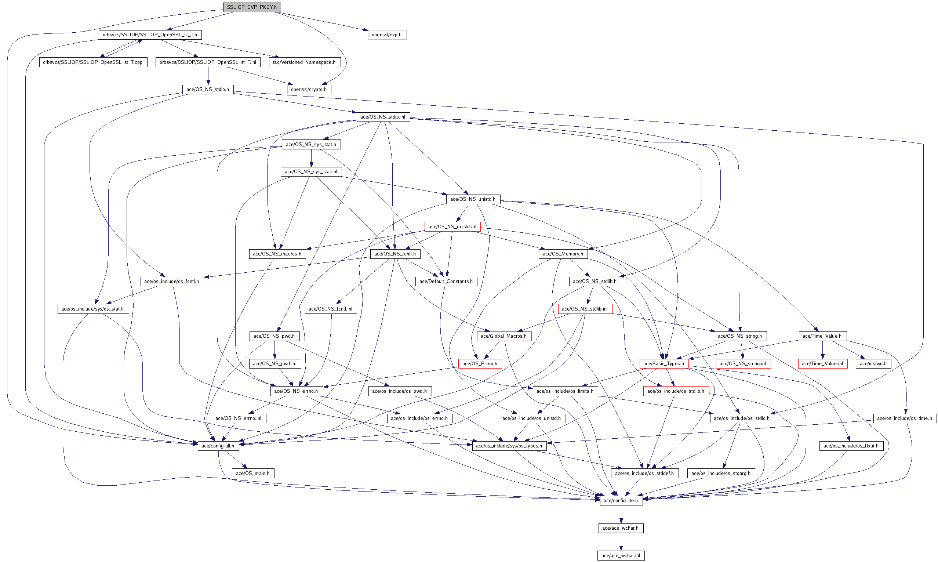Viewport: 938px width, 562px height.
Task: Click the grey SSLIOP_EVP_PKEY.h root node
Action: click(x=252, y=7)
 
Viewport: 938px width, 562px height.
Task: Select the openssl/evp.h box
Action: click(x=386, y=35)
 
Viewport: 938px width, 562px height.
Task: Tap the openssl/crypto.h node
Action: click(x=309, y=89)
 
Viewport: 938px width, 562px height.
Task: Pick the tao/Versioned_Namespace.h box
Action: click(x=304, y=62)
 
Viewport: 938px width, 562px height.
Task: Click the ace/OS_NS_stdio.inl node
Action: click(x=383, y=117)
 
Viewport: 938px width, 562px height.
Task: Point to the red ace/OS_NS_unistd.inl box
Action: click(x=452, y=226)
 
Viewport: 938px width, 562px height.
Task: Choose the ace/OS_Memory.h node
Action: click(x=563, y=254)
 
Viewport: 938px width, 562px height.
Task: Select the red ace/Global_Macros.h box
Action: click(x=503, y=336)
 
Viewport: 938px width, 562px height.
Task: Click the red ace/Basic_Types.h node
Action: click(x=663, y=363)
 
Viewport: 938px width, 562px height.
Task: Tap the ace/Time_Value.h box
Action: click(x=822, y=336)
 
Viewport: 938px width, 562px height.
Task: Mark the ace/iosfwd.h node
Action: click(x=873, y=363)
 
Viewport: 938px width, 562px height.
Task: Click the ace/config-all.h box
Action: click(x=218, y=446)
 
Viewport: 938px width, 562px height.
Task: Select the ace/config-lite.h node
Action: click(x=621, y=501)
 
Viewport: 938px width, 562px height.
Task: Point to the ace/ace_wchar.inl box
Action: click(x=621, y=555)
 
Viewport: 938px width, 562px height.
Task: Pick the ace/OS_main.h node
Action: click(x=252, y=474)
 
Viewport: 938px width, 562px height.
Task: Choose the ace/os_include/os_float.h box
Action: click(x=851, y=446)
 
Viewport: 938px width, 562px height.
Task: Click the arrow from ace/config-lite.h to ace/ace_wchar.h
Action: click(x=621, y=514)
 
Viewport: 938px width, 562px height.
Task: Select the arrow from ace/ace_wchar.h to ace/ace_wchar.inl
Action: click(x=621, y=542)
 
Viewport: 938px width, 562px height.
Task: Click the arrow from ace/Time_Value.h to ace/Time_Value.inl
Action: click(x=822, y=350)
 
